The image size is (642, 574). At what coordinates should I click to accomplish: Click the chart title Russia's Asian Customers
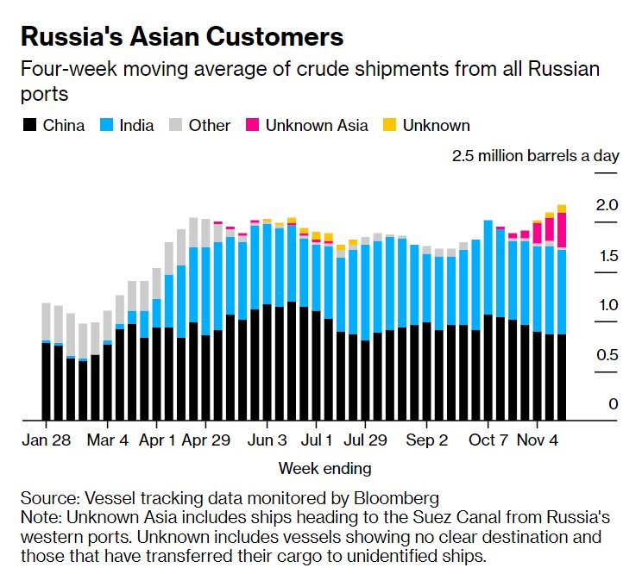[x=181, y=37]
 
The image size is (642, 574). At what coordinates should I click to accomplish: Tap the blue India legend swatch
[x=107, y=126]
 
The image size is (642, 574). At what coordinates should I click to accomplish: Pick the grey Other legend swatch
[x=177, y=126]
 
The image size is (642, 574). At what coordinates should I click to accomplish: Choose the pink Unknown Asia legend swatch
[x=253, y=126]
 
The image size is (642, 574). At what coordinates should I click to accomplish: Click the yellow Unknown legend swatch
[x=390, y=126]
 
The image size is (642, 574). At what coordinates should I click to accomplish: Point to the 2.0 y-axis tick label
[x=608, y=205]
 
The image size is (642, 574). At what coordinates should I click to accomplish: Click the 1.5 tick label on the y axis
[x=608, y=256]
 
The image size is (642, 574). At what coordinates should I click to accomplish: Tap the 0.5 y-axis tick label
[x=608, y=355]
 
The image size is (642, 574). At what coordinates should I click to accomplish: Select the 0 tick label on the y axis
[x=613, y=404]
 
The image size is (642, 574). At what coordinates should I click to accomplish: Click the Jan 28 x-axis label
[x=46, y=440]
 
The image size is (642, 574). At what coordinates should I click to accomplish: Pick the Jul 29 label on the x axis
[x=364, y=440]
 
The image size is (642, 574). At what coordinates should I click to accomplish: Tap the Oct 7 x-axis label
[x=488, y=440]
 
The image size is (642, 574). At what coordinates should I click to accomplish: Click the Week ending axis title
[x=325, y=469]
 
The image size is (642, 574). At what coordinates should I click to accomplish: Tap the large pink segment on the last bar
[x=562, y=229]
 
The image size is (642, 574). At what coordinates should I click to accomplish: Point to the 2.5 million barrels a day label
[x=536, y=156]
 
